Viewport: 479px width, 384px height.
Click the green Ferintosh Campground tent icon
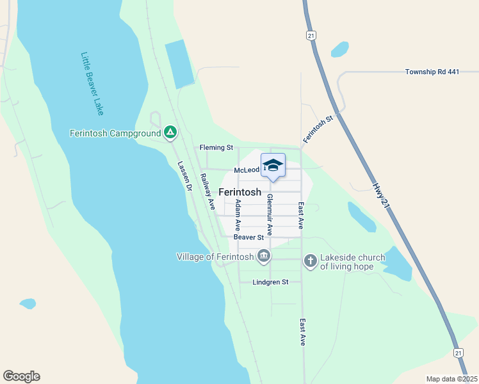point(170,133)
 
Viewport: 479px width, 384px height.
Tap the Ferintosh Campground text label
point(116,134)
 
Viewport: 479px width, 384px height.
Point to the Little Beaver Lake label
point(93,83)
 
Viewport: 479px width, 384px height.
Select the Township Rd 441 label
point(432,72)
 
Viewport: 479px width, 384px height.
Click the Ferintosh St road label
point(319,128)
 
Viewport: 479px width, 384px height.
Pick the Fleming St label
point(216,148)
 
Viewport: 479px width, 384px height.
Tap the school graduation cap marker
point(273,166)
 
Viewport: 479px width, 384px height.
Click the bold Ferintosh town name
point(240,192)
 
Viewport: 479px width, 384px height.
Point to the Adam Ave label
point(238,215)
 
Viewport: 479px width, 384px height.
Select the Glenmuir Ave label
point(270,214)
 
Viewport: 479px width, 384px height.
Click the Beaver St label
point(249,237)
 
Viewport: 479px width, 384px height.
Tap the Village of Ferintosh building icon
point(263,257)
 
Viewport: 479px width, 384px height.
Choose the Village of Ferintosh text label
point(215,257)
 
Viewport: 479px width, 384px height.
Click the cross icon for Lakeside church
point(310,260)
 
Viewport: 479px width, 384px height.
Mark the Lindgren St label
point(270,282)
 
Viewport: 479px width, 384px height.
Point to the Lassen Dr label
point(185,175)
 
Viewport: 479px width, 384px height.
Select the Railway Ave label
point(207,191)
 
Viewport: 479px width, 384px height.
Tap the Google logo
point(21,376)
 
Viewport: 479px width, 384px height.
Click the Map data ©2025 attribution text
point(451,379)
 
